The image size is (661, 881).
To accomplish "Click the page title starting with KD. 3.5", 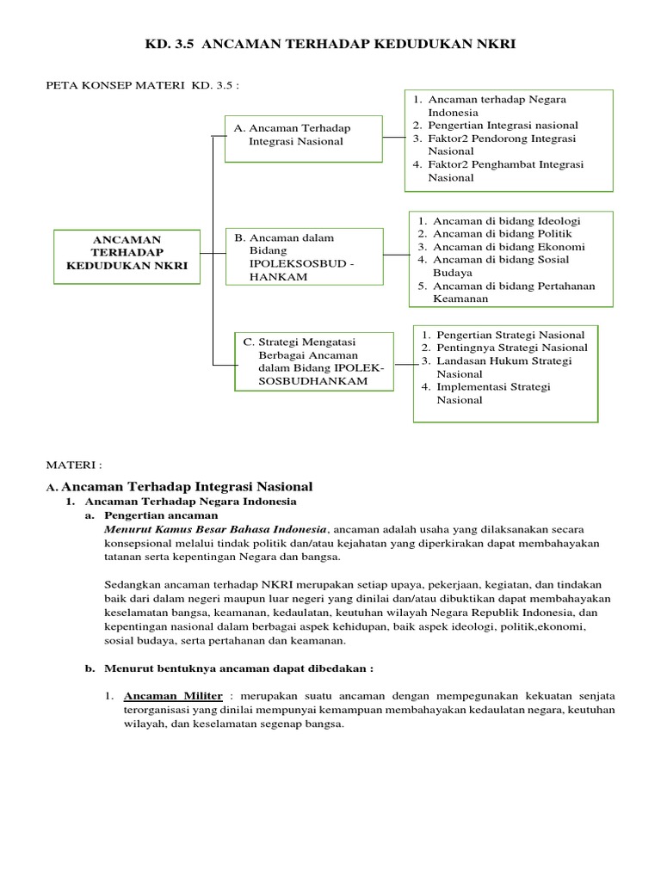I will [330, 43].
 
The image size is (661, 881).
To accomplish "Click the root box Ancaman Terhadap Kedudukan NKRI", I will [127, 253].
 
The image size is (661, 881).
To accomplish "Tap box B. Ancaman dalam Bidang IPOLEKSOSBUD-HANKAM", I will [304, 256].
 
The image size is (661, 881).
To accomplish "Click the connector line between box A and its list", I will [393, 136].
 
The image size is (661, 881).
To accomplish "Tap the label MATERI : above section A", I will [73, 465].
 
